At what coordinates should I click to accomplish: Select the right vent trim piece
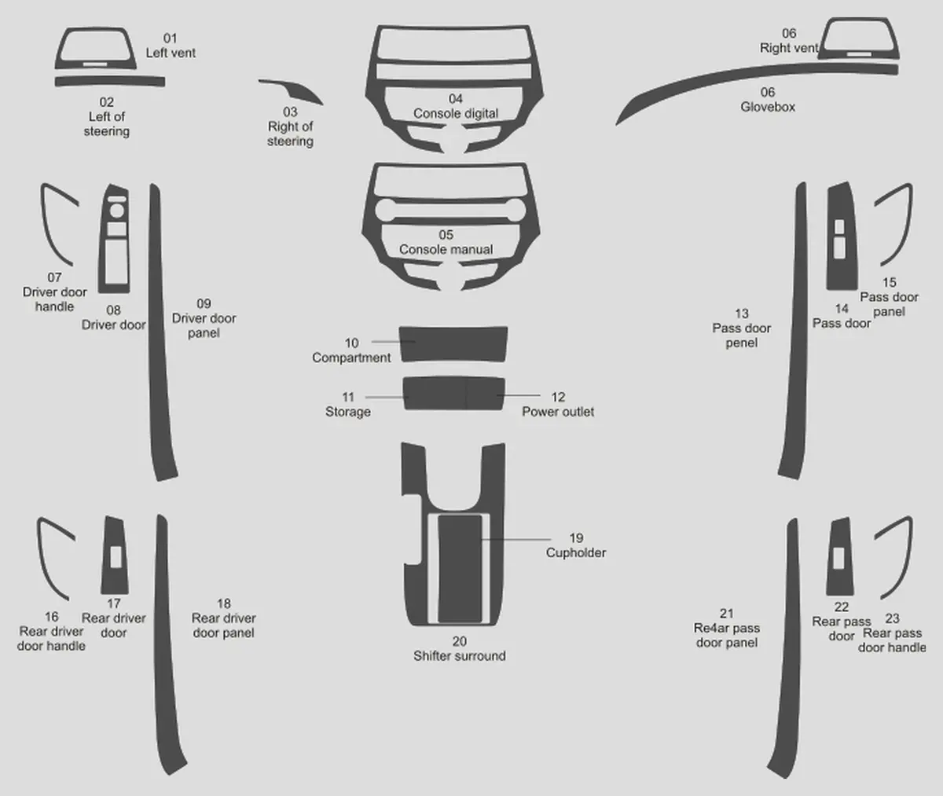(858, 23)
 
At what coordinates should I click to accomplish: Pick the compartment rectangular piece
(453, 344)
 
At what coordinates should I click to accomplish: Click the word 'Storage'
(348, 412)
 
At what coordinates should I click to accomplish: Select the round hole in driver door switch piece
(116, 210)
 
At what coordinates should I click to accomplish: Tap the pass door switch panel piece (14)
(832, 271)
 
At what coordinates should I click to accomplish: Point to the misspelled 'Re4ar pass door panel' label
(727, 628)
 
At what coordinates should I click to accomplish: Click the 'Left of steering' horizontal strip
(110, 81)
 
